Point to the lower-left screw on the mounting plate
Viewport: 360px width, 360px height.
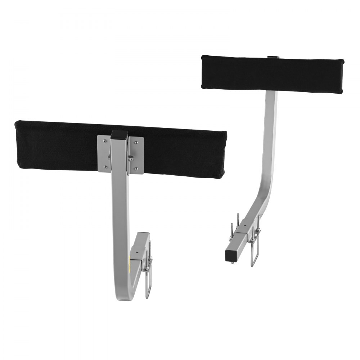(104, 166)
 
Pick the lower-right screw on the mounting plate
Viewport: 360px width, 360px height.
(136, 168)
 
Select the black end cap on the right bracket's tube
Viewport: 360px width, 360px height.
(229, 255)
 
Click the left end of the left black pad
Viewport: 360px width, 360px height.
(18, 144)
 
